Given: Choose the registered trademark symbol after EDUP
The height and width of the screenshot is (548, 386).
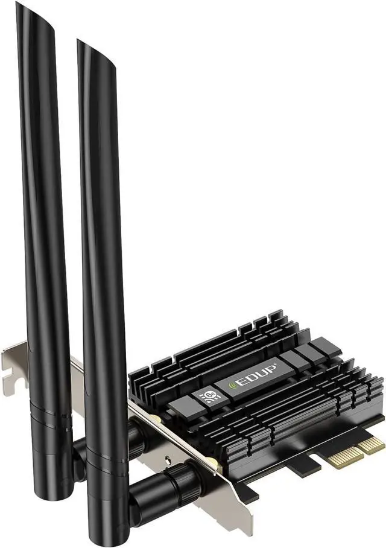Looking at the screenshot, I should tap(277, 363).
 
